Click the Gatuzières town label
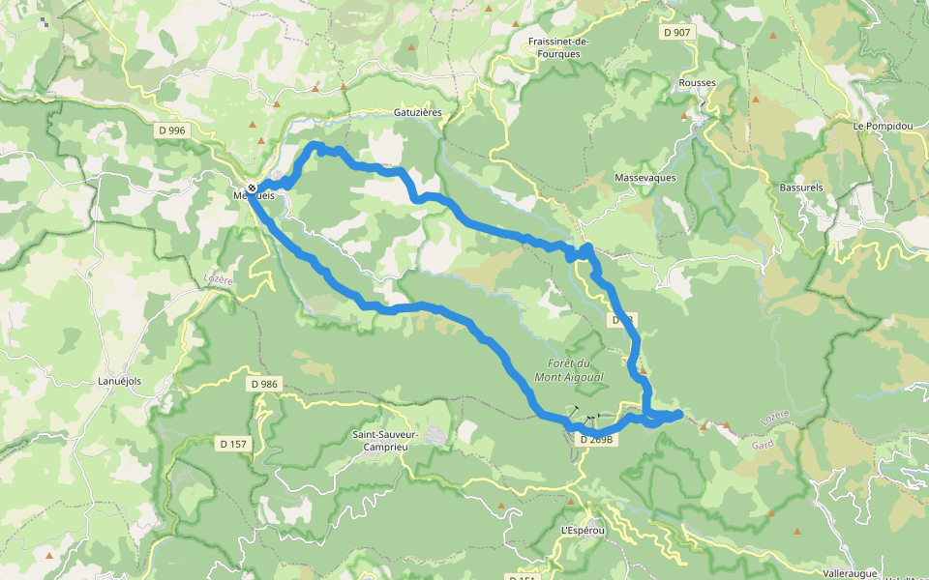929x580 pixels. pyautogui.click(x=418, y=112)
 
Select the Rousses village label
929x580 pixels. pyautogui.click(x=698, y=83)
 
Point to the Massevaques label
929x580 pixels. pyautogui.click(x=645, y=178)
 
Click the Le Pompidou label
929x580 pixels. pyautogui.click(x=883, y=127)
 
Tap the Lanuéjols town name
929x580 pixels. pyautogui.click(x=119, y=381)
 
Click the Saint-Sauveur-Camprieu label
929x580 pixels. pyautogui.click(x=385, y=441)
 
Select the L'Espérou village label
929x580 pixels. pyautogui.click(x=583, y=531)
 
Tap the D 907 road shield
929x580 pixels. pyautogui.click(x=678, y=33)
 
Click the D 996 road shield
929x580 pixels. pyautogui.click(x=171, y=130)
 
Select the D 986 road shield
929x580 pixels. pyautogui.click(x=264, y=384)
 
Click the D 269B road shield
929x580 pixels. pyautogui.click(x=598, y=439)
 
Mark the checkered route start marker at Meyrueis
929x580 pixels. pyautogui.click(x=252, y=188)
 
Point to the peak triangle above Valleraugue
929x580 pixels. pyautogui.click(x=797, y=531)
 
